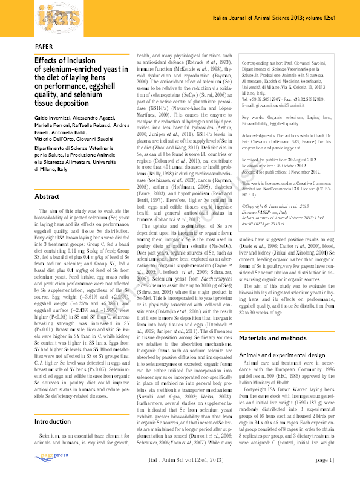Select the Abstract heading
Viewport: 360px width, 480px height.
pos(48,197)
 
